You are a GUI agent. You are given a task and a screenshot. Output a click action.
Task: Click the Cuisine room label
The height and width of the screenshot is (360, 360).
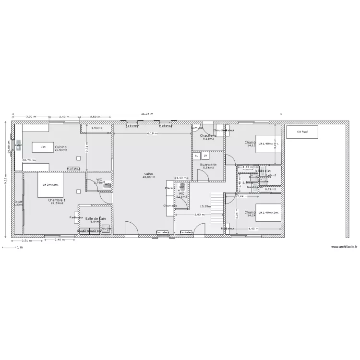tap(60, 147)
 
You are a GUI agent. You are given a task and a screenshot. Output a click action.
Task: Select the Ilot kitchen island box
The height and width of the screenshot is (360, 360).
tap(43, 147)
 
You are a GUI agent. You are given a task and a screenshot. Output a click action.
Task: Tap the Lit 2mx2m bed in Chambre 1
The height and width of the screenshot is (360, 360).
tap(50, 185)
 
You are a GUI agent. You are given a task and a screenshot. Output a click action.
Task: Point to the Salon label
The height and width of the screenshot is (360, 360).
tap(148, 174)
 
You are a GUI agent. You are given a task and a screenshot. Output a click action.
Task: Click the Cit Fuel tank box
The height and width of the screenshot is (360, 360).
tap(302, 132)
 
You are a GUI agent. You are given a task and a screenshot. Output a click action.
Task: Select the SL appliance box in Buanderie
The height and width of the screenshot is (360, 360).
tap(197, 156)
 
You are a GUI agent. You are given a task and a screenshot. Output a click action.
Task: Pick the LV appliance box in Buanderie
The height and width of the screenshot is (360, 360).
tap(205, 156)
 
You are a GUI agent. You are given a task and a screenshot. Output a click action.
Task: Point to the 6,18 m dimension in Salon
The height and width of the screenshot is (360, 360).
tap(152, 133)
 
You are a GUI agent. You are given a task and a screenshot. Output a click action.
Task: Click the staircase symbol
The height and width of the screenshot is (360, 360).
tap(218, 207)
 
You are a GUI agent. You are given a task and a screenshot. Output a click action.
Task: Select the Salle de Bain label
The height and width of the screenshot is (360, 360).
tap(95, 218)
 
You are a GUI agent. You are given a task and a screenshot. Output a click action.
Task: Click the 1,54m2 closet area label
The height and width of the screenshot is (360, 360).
tap(97, 128)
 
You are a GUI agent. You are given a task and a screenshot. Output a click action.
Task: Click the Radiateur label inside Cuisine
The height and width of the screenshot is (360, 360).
tap(74, 169)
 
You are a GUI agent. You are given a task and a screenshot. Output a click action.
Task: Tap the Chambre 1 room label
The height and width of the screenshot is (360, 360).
tap(57, 200)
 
